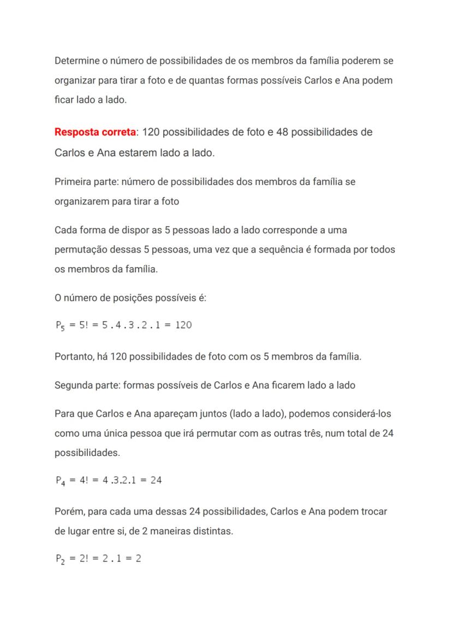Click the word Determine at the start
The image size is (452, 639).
pyautogui.click(x=76, y=61)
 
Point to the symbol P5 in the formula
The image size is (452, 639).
pyautogui.click(x=60, y=326)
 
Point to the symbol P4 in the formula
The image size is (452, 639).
pyautogui.click(x=60, y=481)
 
